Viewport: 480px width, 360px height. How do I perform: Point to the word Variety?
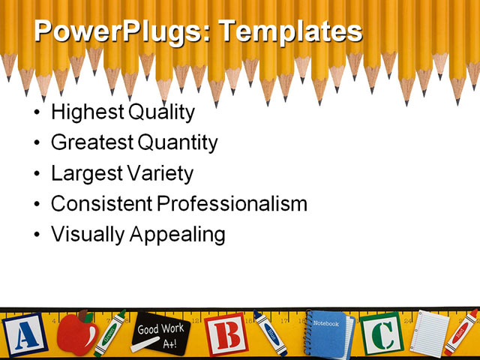(159, 174)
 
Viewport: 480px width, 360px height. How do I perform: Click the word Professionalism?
(231, 203)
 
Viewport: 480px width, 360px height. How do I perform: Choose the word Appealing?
(178, 234)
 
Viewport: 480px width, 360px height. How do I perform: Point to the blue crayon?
(270, 334)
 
